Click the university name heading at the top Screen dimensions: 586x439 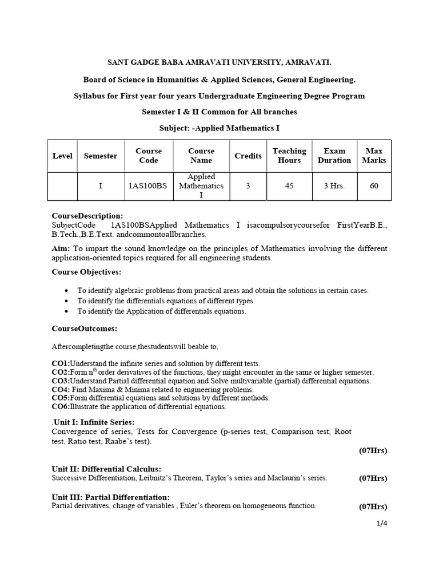[219, 62]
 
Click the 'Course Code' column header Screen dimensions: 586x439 [149, 156]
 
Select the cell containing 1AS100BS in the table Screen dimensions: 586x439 [149, 186]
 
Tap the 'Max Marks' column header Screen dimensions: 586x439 [374, 156]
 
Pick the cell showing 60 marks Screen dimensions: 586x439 [374, 186]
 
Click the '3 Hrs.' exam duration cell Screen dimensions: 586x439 [334, 186]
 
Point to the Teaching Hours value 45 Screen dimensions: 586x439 [289, 186]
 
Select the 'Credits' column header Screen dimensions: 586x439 [248, 156]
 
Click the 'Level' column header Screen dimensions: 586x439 [62, 156]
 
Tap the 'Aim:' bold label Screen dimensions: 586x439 [61, 248]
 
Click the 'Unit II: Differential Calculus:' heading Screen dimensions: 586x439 [106, 469]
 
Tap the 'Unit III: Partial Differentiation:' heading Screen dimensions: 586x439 [111, 497]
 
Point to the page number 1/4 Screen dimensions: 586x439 [381, 522]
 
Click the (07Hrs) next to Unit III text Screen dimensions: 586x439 [373, 506]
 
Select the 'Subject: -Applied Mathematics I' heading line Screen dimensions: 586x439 [219, 128]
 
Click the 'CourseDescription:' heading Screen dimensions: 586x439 [87, 216]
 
